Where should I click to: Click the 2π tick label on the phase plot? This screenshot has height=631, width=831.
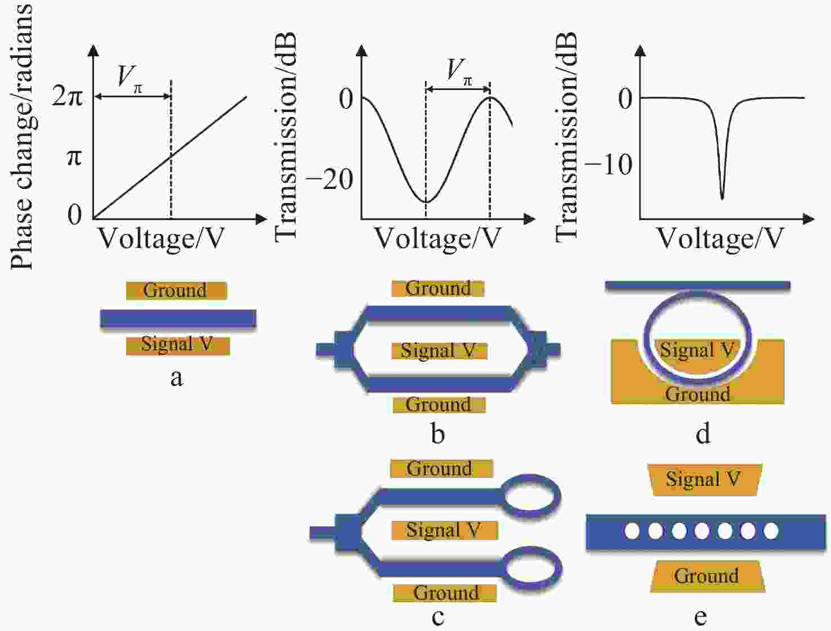[68, 97]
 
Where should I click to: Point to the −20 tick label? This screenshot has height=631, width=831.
[329, 180]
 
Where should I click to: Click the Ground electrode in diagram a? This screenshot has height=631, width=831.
[176, 290]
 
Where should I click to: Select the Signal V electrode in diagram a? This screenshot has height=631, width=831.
[177, 344]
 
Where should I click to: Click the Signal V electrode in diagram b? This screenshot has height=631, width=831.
[439, 351]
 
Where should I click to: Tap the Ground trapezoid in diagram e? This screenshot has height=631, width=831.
[707, 576]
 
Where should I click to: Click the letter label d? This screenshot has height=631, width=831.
[703, 434]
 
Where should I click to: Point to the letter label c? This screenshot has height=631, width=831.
[437, 617]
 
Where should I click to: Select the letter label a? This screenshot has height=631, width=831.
[176, 378]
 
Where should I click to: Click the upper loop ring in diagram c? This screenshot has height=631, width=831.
[531, 494]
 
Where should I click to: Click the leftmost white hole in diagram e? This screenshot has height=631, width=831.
[632, 530]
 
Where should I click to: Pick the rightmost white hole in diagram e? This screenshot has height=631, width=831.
[771, 530]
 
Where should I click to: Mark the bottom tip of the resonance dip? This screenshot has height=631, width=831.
[722, 199]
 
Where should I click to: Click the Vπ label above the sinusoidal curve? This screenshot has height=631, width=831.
[459, 72]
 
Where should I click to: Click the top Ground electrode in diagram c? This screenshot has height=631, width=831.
[441, 468]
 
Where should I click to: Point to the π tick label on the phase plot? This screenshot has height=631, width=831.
[74, 156]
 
